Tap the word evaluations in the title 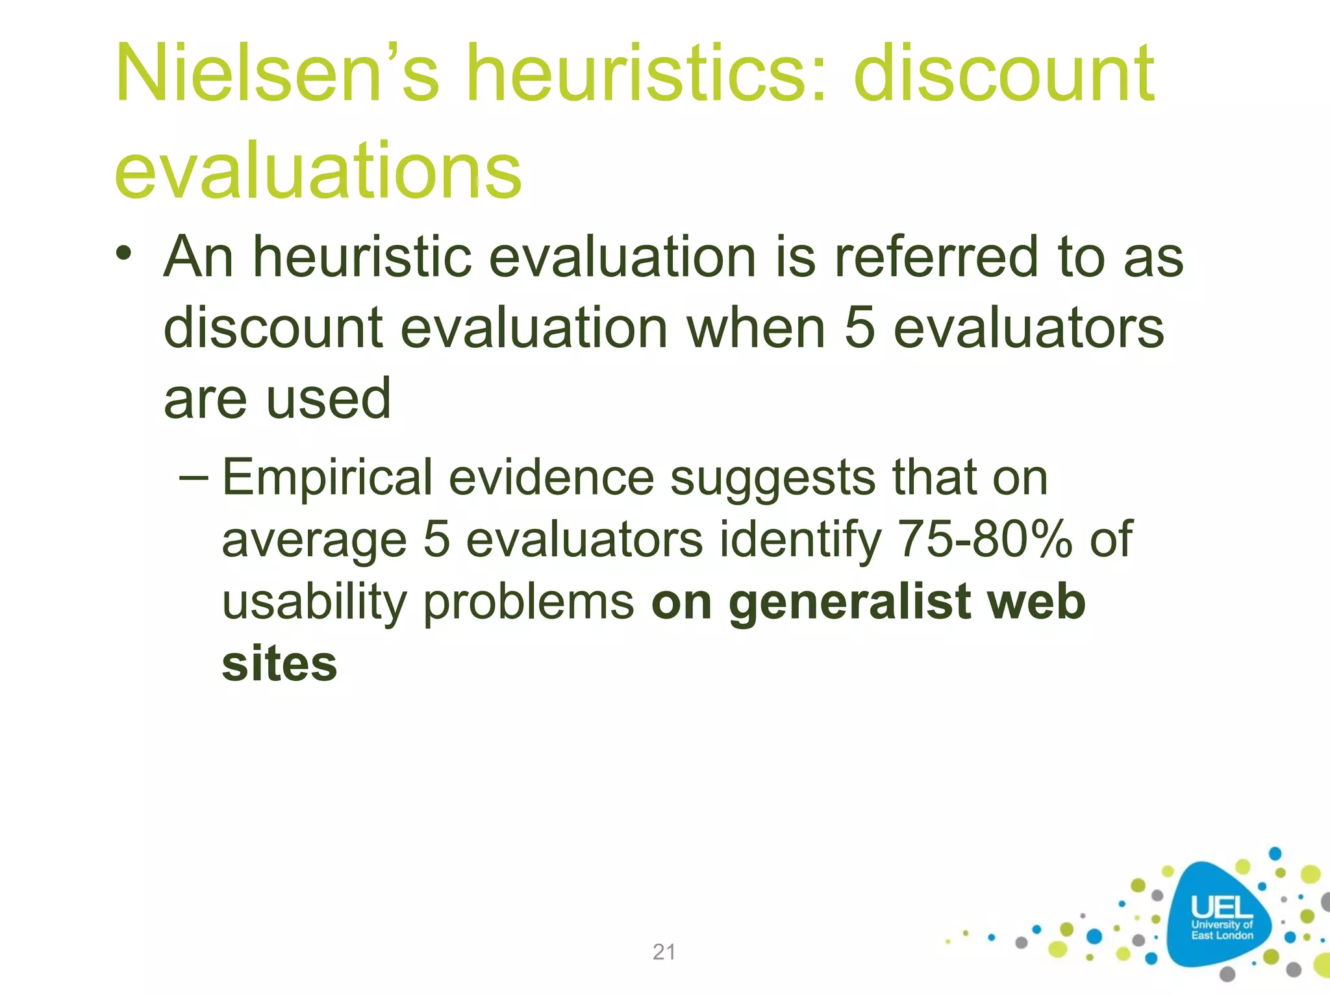coord(318,170)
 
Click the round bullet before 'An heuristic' coord(124,253)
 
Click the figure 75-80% coord(984,539)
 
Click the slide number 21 coord(664,952)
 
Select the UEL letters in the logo coord(1222,906)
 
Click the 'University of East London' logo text coord(1222,930)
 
